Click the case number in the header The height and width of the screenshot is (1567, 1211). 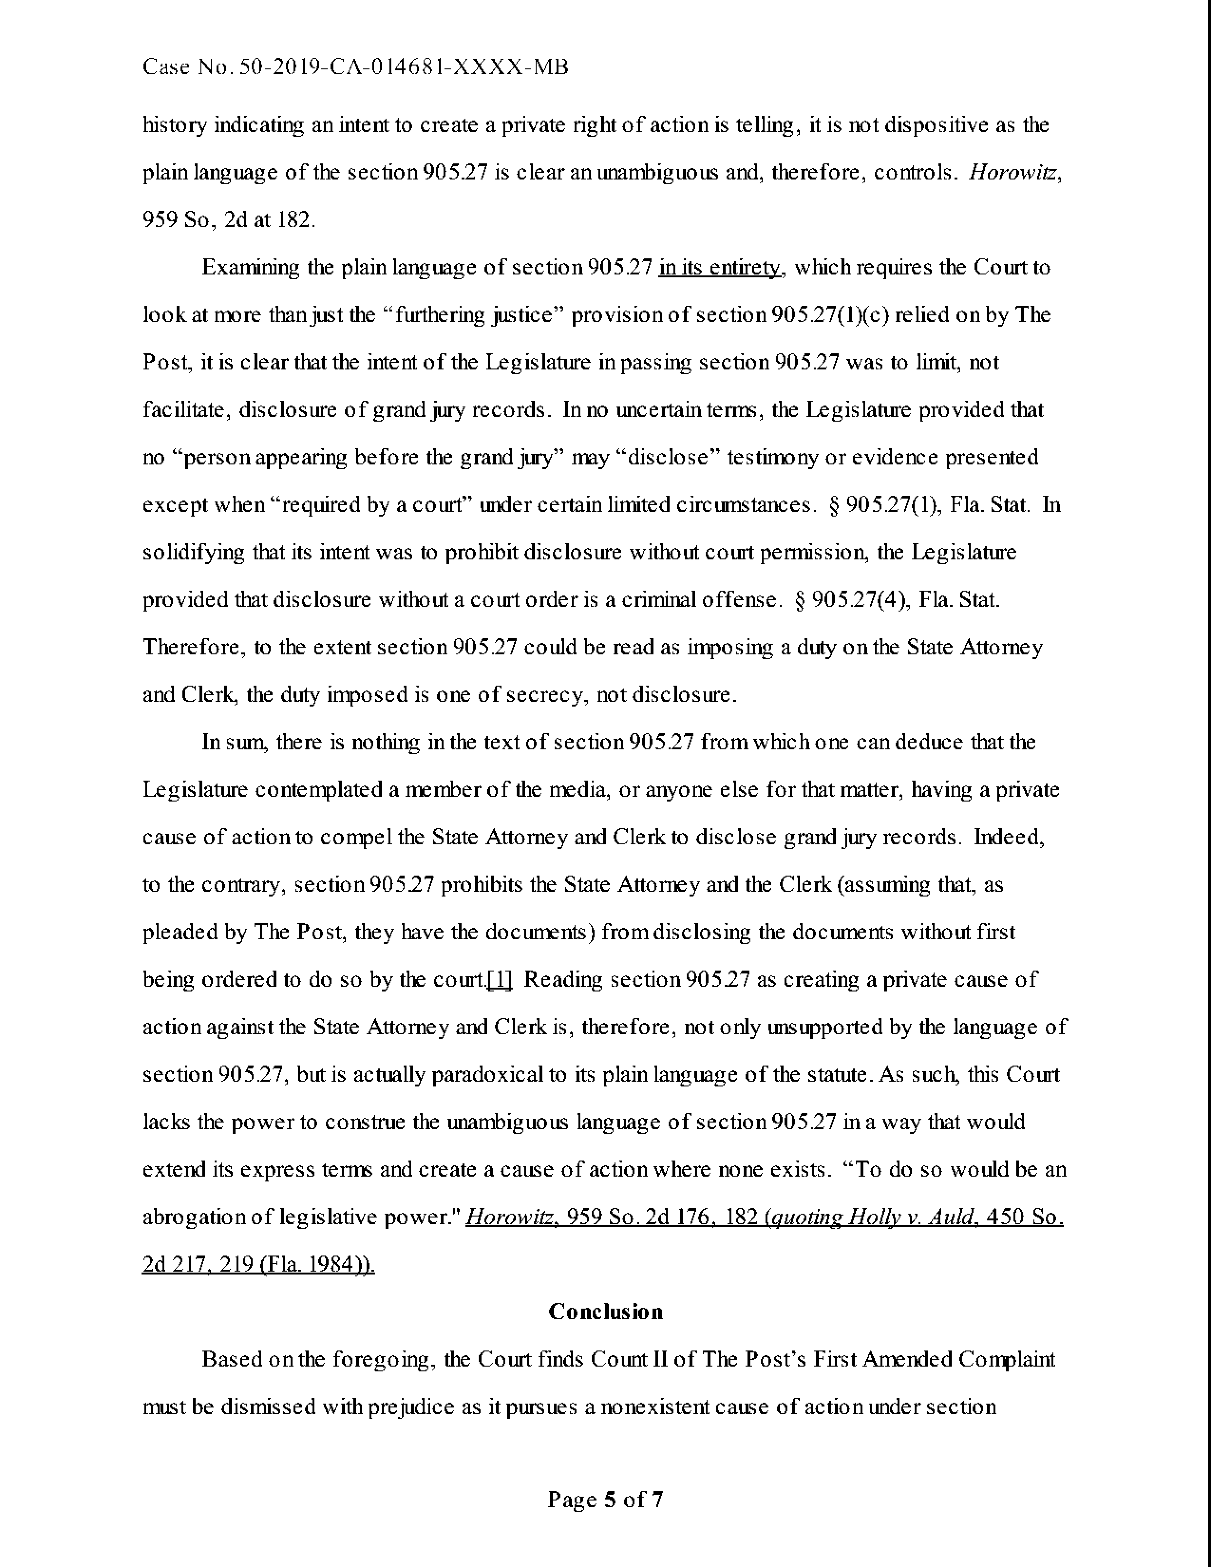tap(355, 67)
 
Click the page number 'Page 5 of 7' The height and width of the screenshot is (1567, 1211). tap(605, 1500)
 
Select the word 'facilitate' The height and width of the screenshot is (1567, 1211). tap(185, 410)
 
